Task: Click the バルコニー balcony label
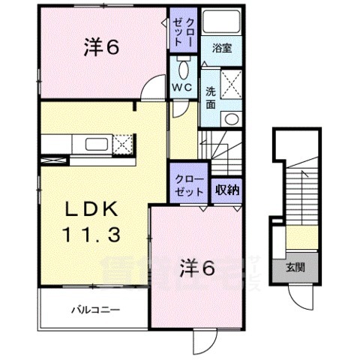pos(96,308)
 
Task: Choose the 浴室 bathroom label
pos(222,47)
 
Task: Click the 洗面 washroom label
pos(211,97)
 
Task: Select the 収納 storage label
pos(228,189)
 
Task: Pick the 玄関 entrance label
pos(294,268)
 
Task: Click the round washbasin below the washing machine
pos(231,118)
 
